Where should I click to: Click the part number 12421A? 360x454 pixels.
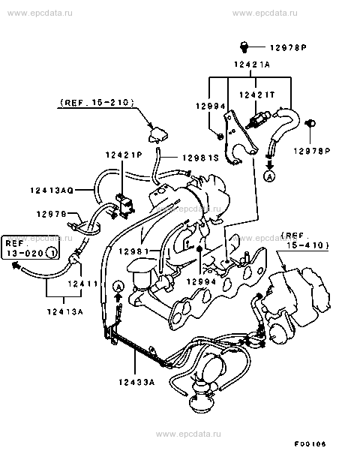252,64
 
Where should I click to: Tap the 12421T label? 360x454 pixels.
256,95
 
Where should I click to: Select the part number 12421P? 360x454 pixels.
124,155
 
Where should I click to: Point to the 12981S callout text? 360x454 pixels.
200,158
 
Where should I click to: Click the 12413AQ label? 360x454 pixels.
52,190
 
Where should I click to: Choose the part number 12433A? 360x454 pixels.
136,382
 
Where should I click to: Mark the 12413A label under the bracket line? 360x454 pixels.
65,311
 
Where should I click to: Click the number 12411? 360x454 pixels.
83,284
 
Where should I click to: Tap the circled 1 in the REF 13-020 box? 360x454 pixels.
52,253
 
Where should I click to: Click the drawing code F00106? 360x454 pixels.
310,443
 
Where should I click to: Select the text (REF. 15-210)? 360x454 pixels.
97,103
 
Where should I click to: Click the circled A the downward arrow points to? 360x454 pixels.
270,176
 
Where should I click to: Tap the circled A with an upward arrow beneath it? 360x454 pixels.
118,287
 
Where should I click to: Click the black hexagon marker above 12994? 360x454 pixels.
199,248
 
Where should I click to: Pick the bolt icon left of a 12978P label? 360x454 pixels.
244,47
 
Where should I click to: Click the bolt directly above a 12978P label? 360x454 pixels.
310,124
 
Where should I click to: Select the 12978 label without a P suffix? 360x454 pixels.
52,214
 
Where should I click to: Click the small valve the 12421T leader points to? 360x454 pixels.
258,119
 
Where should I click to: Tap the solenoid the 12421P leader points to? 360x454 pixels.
125,205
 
